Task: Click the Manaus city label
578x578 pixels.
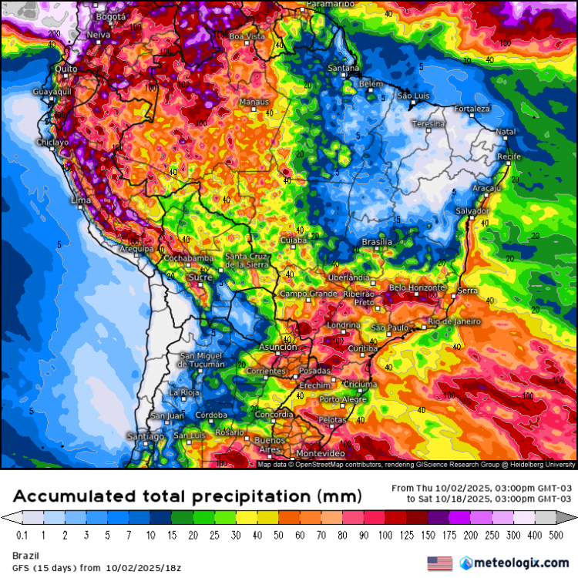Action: (254, 102)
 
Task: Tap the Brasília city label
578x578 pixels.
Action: (377, 242)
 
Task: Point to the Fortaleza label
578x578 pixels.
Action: (472, 109)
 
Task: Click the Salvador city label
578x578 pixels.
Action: (472, 210)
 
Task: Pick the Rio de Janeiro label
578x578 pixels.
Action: (455, 321)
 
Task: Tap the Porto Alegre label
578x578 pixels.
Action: (343, 399)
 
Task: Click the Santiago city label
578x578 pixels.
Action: (146, 437)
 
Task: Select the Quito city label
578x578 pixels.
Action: (64, 69)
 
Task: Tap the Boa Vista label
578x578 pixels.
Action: (247, 36)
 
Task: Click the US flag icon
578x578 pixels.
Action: (440, 563)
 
